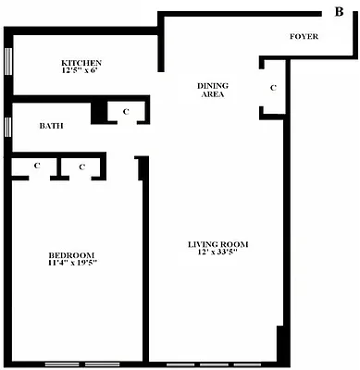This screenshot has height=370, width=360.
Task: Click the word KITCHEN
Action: (x=81, y=61)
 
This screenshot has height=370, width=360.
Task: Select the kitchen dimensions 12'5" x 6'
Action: (x=81, y=70)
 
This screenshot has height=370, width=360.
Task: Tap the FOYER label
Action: (x=304, y=37)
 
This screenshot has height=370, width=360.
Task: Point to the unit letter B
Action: (x=338, y=11)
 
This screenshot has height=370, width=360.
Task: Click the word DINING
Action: (x=213, y=85)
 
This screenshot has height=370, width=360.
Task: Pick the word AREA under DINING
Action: (x=213, y=94)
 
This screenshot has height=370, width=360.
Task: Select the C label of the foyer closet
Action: (x=272, y=87)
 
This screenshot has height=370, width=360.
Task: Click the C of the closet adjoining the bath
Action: (x=125, y=112)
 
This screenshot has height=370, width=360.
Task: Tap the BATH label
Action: (x=51, y=126)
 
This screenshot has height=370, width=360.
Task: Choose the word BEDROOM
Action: (x=72, y=254)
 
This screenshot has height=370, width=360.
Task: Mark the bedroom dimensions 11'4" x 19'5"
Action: (x=72, y=264)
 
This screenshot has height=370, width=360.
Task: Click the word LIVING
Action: (x=204, y=244)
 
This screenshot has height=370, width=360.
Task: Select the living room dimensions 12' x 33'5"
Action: (x=218, y=254)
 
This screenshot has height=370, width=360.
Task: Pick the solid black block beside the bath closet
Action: (x=98, y=112)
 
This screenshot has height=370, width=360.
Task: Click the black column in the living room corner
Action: (x=280, y=343)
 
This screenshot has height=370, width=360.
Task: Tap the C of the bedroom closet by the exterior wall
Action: (x=37, y=166)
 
